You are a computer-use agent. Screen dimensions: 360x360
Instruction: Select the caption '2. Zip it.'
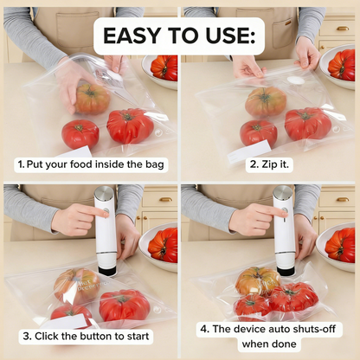pos(269,164)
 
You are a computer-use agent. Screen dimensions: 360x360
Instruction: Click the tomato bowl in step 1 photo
pos(163,67)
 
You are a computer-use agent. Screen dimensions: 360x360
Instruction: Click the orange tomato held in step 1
pos(92,98)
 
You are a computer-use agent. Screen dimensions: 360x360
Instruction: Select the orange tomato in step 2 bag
pos(265,102)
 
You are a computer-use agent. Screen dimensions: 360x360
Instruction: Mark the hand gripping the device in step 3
pos(79,219)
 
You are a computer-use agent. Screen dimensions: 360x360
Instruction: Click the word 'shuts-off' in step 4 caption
pos(312,330)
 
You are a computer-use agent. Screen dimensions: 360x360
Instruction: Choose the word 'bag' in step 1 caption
pos(155,164)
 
